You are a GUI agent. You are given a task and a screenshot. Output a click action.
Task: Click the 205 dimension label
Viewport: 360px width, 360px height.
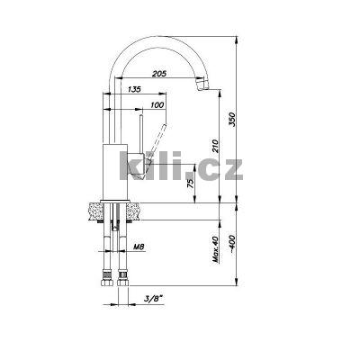[x=159, y=74]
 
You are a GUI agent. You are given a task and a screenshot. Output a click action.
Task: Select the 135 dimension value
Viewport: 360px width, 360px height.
[x=134, y=89]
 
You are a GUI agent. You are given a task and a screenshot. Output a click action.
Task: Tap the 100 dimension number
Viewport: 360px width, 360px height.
[x=157, y=105]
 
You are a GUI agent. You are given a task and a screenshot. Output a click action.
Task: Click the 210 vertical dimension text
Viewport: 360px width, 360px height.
[x=216, y=146]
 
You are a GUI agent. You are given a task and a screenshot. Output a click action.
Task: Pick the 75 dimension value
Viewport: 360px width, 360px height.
[x=191, y=183]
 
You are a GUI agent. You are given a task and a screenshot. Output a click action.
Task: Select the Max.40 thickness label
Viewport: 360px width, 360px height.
[x=215, y=249]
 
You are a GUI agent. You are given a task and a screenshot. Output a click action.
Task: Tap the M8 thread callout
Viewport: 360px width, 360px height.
[x=139, y=247]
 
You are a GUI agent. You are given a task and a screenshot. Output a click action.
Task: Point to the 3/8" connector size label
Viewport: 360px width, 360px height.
[x=153, y=298]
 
